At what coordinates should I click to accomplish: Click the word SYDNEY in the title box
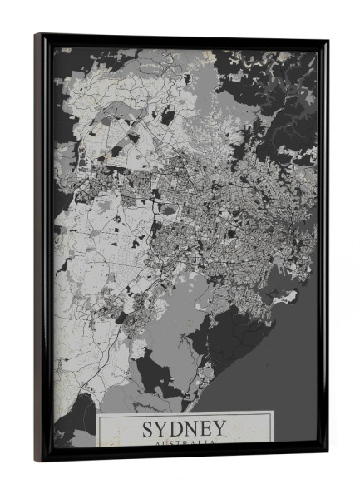184,429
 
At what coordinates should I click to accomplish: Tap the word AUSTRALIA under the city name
184,444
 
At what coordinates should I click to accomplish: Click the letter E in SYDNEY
205,429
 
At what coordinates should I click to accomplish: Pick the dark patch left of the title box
75,424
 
